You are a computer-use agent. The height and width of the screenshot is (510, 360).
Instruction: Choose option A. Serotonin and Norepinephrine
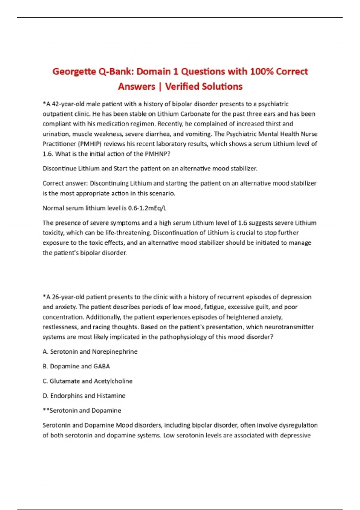coord(90,352)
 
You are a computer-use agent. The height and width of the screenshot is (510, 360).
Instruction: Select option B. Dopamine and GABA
coord(76,366)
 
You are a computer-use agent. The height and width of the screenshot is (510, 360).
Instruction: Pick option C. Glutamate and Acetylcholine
coord(87,381)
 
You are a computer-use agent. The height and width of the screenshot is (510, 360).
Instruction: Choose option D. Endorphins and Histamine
coord(84,396)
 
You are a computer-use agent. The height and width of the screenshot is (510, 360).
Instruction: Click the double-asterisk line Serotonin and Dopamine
coord(82,410)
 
